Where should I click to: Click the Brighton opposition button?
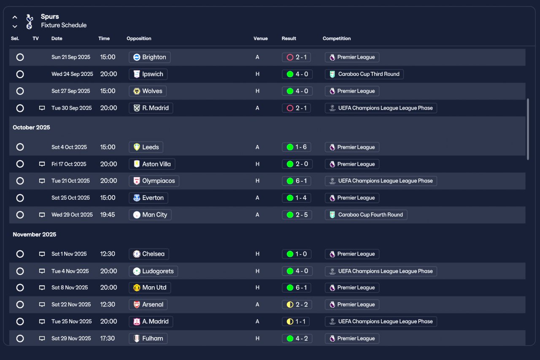coord(149,57)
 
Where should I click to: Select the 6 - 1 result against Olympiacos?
coord(297,181)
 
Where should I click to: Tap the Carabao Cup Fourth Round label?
coord(366,215)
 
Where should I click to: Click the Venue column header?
coord(260,38)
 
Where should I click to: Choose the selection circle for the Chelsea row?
coord(20,254)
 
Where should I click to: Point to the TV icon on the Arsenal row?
coord(42,305)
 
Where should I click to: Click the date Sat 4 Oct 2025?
coord(69,147)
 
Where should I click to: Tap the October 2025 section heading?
coord(31,127)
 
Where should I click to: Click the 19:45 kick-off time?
coord(108,215)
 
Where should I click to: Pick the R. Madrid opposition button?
coord(151,108)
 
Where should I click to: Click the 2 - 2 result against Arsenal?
coord(297,305)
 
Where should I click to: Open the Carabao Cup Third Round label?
coord(364,74)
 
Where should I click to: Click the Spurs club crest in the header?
coord(29,21)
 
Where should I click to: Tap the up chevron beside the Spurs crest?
coord(15,17)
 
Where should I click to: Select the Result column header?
coord(289,38)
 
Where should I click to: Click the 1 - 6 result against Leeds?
coord(297,147)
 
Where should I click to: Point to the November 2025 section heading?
coord(34,234)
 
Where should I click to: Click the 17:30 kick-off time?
coord(108,339)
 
